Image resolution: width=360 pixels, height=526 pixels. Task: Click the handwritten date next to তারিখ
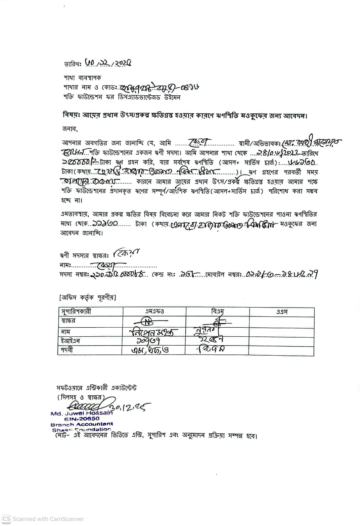click(x=108, y=63)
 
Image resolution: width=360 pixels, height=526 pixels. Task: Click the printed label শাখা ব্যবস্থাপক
click(x=82, y=78)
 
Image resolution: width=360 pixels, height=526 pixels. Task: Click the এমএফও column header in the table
click(x=154, y=311)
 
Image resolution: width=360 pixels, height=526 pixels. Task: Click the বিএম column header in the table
click(x=217, y=311)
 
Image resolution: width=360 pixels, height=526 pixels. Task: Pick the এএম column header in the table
click(x=282, y=312)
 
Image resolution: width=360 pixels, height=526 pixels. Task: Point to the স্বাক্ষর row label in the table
click(x=68, y=321)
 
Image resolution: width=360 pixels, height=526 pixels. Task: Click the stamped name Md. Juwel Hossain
click(x=81, y=413)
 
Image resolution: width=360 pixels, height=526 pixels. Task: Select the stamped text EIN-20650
click(x=82, y=419)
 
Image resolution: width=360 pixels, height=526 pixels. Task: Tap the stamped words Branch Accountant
click(x=82, y=424)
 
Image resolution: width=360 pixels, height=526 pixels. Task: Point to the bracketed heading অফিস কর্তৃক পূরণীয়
click(x=87, y=298)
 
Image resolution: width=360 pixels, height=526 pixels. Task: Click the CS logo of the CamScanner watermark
click(x=6, y=519)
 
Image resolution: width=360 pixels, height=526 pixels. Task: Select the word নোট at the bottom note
click(x=62, y=436)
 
